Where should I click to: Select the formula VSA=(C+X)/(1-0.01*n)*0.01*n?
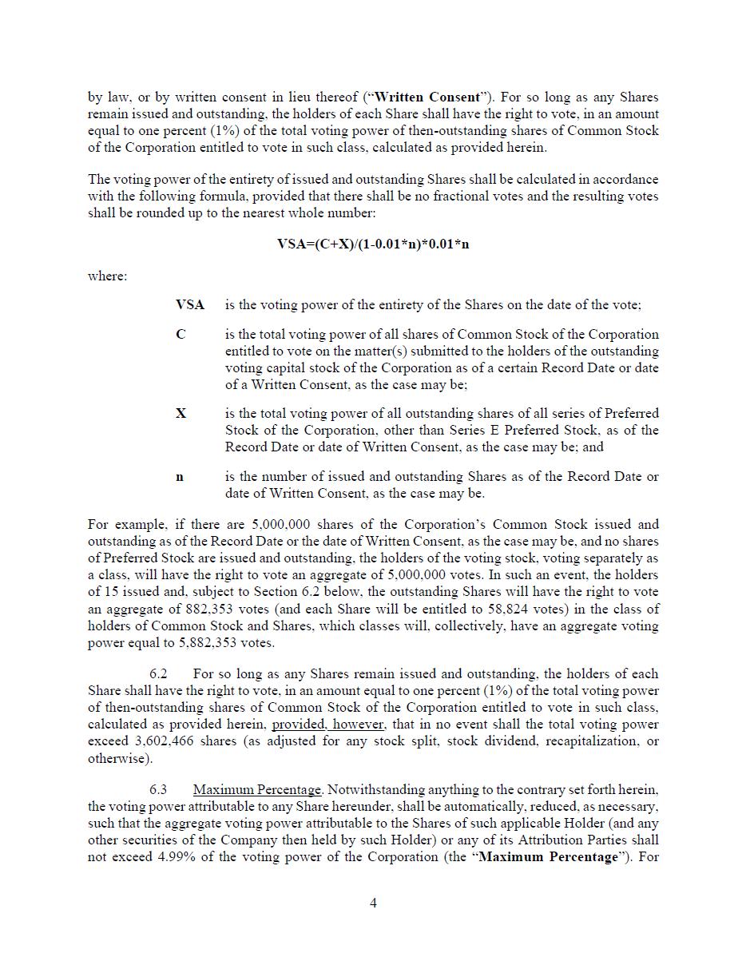coord(373,244)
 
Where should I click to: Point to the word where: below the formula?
coord(107,276)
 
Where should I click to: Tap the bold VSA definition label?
coord(190,305)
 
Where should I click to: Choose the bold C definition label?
coord(181,335)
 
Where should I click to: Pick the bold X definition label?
coord(181,414)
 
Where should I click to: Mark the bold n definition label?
coord(180,477)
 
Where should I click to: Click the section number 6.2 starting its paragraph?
coord(158,674)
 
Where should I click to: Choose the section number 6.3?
coord(158,790)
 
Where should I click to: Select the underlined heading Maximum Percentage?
coord(256,790)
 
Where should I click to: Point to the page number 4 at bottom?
coord(373,903)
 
